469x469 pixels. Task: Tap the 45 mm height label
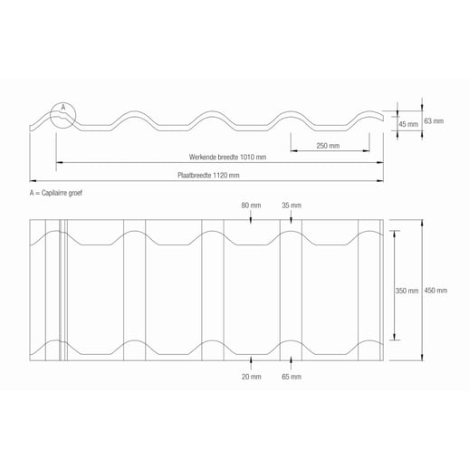pos(407,124)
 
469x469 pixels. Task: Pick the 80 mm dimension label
pos(252,206)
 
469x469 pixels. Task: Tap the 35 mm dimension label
pos(291,206)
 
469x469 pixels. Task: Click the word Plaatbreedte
pos(194,174)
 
